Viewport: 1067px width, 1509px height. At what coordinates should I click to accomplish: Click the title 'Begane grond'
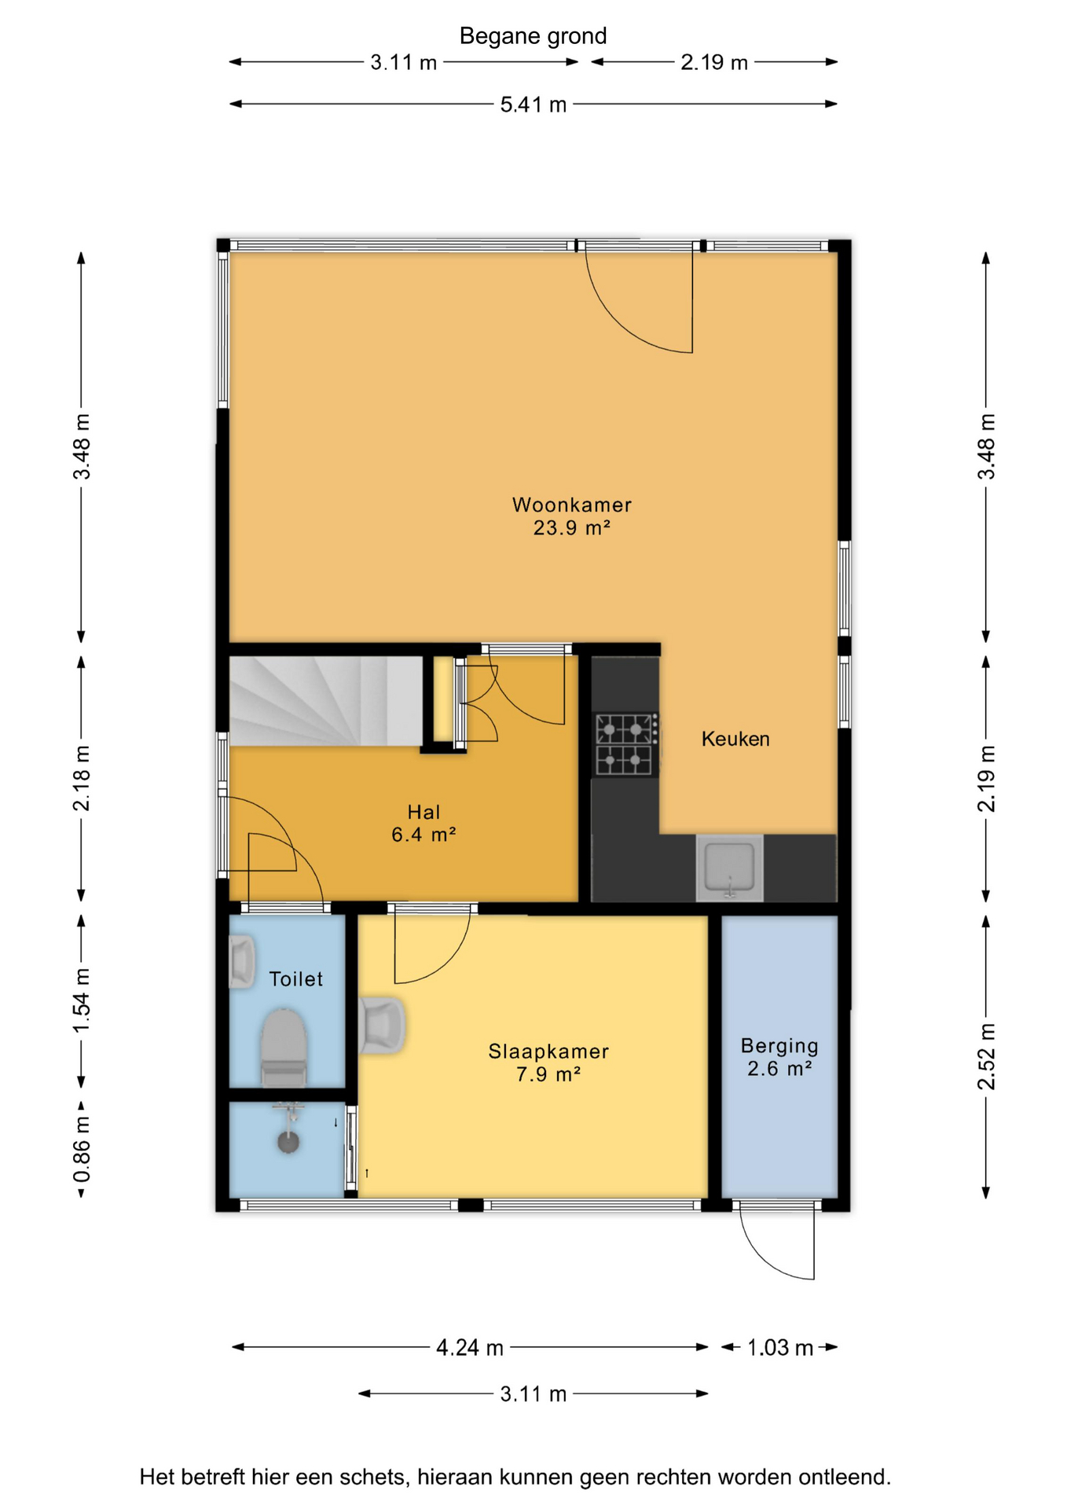(x=533, y=36)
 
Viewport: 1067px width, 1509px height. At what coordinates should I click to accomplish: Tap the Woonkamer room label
(x=572, y=516)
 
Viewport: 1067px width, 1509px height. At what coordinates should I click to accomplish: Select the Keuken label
(x=735, y=739)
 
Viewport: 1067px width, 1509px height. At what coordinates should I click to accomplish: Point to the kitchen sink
(x=730, y=868)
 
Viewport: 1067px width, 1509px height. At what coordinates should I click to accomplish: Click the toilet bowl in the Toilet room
(x=283, y=1048)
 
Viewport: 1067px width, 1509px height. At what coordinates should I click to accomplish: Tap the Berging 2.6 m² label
(x=779, y=1057)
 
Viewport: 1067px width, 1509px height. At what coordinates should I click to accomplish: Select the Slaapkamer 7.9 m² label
(x=548, y=1063)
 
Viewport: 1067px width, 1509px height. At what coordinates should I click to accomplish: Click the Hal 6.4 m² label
(x=423, y=823)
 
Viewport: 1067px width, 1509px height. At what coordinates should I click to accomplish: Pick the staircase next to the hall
(x=326, y=701)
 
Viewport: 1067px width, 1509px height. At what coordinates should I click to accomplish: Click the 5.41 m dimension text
(x=533, y=105)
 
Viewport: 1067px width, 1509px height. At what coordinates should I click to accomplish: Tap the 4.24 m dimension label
(x=470, y=1348)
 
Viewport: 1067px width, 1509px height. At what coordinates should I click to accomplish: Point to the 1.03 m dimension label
(x=780, y=1348)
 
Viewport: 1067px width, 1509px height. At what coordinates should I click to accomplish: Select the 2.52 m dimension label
(x=986, y=1057)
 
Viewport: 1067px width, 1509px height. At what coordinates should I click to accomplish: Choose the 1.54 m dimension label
(x=82, y=1002)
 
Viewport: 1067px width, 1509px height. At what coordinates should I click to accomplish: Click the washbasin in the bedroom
(x=382, y=1025)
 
